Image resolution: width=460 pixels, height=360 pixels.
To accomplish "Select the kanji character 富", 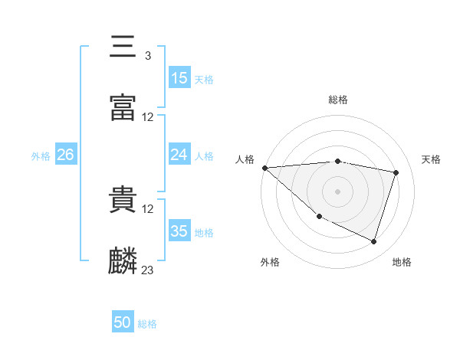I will click(x=123, y=108).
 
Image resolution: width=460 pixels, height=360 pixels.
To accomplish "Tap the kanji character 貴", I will click(x=123, y=200).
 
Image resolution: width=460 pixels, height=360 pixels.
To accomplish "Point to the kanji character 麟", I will click(x=123, y=261).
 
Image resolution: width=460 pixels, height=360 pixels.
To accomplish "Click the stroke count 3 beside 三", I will click(x=147, y=56).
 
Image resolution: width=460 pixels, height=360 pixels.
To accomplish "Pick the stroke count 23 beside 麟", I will click(x=147, y=270).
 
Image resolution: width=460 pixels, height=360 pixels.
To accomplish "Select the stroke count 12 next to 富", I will click(x=147, y=117).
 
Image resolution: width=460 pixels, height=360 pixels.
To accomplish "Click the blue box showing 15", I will click(x=179, y=78).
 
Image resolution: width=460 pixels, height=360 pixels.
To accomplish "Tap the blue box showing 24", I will click(x=179, y=155).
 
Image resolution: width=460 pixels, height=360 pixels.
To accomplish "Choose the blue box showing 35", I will click(x=179, y=231).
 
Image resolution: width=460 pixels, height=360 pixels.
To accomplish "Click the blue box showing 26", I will click(x=65, y=155).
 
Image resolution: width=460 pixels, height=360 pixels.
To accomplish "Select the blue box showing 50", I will click(x=123, y=323).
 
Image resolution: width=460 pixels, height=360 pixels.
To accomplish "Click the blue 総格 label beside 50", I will click(x=147, y=324).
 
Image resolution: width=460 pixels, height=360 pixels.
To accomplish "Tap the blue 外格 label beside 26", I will click(x=41, y=156).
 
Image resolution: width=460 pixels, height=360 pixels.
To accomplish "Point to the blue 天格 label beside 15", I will click(x=204, y=79).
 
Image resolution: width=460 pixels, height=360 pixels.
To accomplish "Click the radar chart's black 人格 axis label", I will click(x=245, y=159).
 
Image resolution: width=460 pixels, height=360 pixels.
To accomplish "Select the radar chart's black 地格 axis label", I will click(x=402, y=262).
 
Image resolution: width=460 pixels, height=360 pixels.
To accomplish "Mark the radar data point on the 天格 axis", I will click(x=396, y=172).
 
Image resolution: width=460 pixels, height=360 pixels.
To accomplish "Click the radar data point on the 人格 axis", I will click(x=264, y=168).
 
